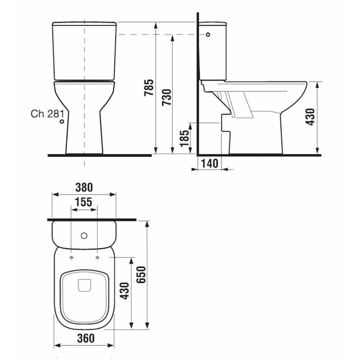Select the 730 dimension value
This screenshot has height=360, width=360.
point(166,96)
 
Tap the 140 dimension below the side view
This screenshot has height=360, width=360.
point(209,162)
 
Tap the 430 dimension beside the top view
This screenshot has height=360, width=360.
point(125,292)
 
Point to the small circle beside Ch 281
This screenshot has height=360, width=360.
point(62,121)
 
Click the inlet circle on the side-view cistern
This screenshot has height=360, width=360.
point(208,34)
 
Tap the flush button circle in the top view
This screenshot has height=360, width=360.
point(84,235)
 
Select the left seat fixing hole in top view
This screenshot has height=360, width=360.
point(72,257)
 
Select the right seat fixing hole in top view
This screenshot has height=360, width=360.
point(97,257)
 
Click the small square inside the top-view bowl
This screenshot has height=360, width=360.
point(84,285)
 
